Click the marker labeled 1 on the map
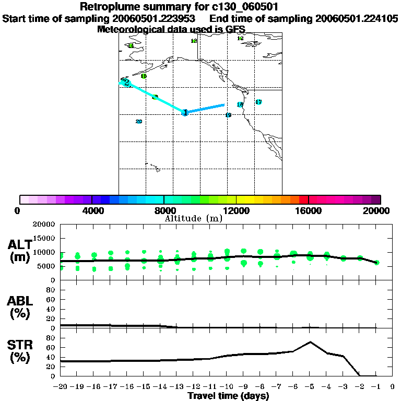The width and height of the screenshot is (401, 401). click(185, 112)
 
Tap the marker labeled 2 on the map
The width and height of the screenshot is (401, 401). click(126, 82)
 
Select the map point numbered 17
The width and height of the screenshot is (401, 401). click(258, 102)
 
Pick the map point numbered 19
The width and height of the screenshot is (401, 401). click(228, 115)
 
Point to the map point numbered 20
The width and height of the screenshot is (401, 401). click(138, 122)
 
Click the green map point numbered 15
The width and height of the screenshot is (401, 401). click(144, 76)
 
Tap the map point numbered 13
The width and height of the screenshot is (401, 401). click(194, 41)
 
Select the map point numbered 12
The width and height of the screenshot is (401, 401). click(240, 38)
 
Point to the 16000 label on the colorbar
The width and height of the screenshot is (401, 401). click(309, 210)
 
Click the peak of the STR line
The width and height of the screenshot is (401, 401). click(310, 342)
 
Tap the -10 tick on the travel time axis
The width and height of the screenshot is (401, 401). click(227, 387)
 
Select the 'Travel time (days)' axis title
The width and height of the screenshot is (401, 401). click(228, 396)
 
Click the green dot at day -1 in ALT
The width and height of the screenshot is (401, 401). click(376, 263)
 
